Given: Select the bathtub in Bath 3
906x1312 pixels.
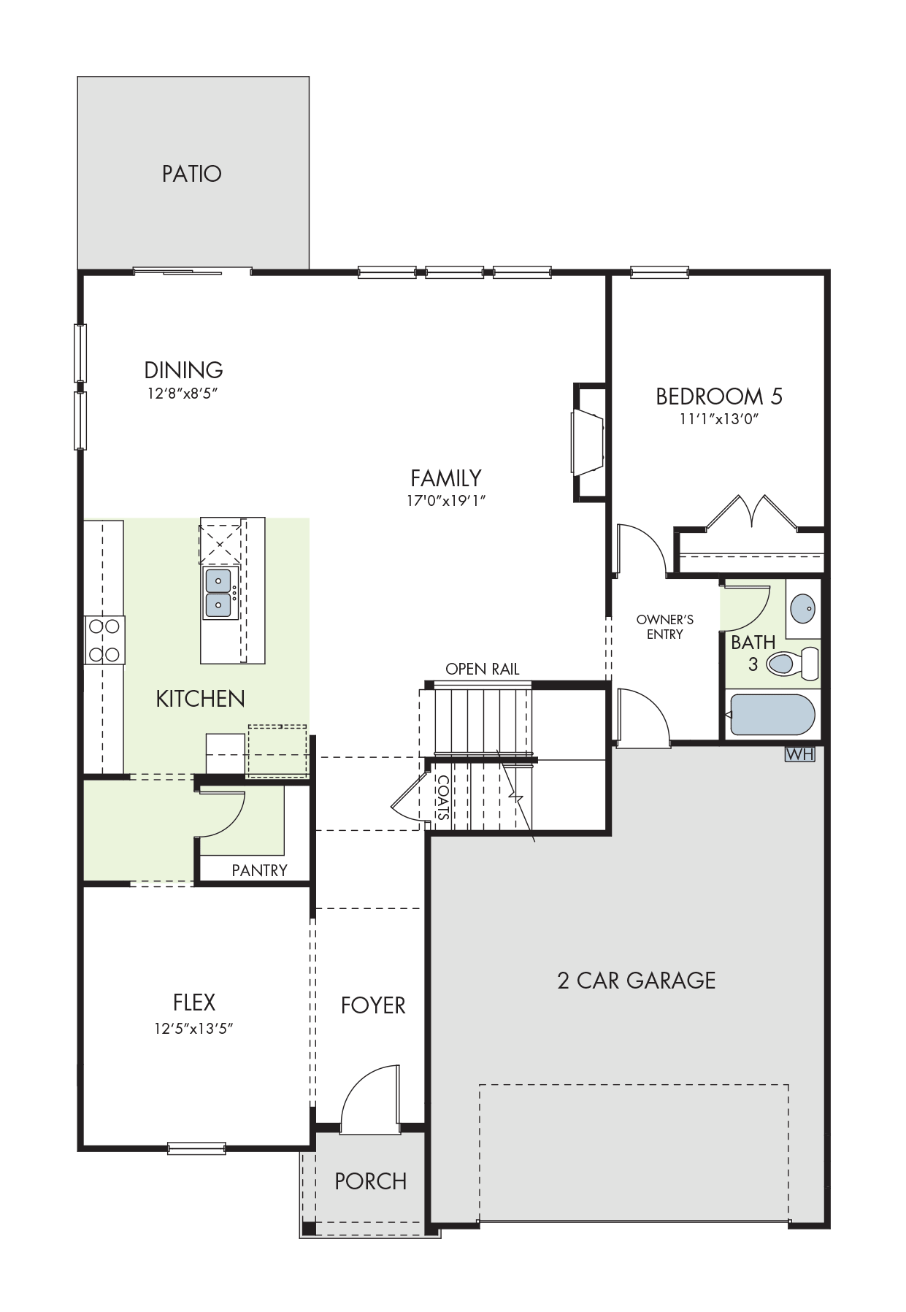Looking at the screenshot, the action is tap(772, 714).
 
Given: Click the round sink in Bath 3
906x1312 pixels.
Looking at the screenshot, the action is tap(803, 608).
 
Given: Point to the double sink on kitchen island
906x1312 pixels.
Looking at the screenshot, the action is tap(219, 593).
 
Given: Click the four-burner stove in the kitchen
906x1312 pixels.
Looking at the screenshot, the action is tap(104, 640).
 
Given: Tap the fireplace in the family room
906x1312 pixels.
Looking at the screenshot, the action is tap(588, 442).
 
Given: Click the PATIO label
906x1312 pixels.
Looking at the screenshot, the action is tap(192, 174).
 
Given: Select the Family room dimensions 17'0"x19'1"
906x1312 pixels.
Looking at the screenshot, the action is tap(447, 501).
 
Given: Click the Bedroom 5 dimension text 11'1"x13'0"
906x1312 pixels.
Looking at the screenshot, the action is tap(720, 419).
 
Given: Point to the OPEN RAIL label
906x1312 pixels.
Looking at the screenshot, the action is tap(483, 669).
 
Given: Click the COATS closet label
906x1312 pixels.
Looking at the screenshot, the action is tap(443, 797).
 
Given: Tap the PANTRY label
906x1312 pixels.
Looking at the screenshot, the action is tap(259, 870).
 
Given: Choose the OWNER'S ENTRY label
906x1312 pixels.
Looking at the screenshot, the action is tap(664, 627).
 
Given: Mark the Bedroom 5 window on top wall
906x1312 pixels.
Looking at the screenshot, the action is tap(660, 273).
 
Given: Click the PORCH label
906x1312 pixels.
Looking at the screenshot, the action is tap(371, 1181).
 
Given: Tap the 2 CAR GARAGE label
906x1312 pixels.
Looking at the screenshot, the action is tap(637, 980).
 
